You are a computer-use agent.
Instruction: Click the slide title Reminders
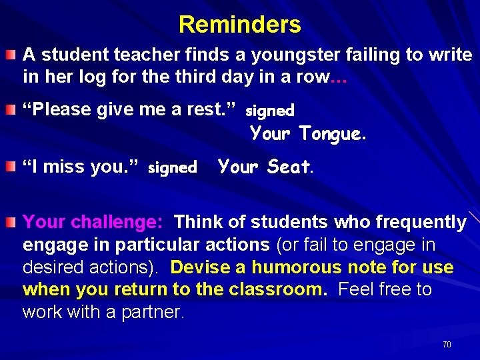click(239, 25)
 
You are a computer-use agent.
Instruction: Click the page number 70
click(447, 345)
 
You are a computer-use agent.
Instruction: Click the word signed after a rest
click(270, 109)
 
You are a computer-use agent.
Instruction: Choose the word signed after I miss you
click(172, 168)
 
